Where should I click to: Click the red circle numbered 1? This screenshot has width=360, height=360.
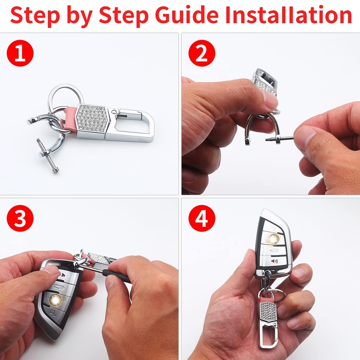pos(20,53)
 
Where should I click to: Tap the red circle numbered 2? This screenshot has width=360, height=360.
pos(202,53)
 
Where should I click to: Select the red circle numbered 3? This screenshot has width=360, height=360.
pos(20,218)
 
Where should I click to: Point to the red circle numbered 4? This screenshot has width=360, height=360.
pos(202,218)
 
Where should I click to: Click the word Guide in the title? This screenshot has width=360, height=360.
pos(187,15)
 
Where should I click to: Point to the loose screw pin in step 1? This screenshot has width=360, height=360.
pos(48,155)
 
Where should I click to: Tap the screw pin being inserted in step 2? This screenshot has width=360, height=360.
pos(279,139)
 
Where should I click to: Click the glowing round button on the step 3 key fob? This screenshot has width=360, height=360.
pos(55,300)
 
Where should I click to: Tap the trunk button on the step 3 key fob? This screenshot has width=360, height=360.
pos(58,286)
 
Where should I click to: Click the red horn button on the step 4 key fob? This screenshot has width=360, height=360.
pos(274,261)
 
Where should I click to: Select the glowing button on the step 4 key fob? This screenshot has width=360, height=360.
pos(273,239)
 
